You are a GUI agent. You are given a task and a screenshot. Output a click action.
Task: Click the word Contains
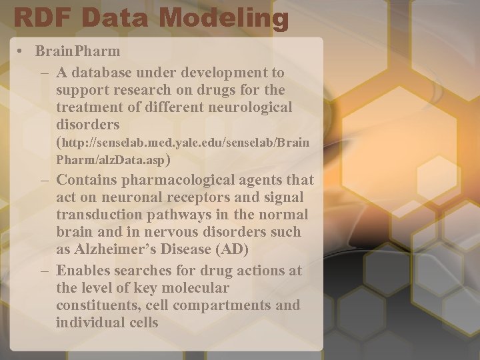click(x=86, y=180)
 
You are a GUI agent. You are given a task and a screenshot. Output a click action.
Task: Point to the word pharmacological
click(x=178, y=180)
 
